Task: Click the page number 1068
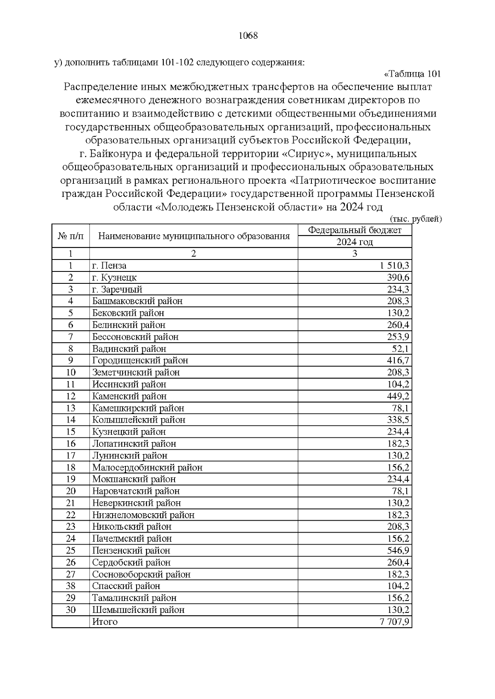point(248,36)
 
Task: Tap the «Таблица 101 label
point(412,74)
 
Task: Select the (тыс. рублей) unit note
point(415,219)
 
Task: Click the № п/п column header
point(71,236)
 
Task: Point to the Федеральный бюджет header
point(355,230)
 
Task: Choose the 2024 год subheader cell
point(355,242)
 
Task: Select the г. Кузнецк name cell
point(114,278)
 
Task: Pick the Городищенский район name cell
point(140,361)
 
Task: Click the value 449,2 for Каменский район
point(398,396)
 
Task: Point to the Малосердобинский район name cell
point(147,468)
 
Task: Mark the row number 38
point(71,586)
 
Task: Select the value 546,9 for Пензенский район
point(398,551)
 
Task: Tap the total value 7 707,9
point(395,622)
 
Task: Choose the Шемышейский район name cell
point(138,610)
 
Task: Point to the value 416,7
point(398,361)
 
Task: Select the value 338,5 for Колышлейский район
point(398,420)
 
